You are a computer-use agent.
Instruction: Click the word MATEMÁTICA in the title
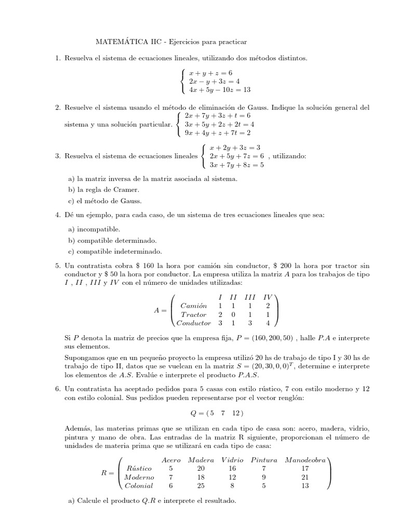tap(107, 41)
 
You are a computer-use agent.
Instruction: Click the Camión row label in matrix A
tap(192, 305)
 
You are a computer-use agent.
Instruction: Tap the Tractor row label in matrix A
tap(194, 314)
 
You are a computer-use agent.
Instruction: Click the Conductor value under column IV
tap(267, 323)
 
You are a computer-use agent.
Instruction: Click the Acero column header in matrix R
tap(171, 460)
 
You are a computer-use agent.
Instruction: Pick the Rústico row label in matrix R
tap(139, 468)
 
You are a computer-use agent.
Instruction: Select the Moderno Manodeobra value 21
tap(304, 477)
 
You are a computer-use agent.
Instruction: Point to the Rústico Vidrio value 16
tap(232, 468)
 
